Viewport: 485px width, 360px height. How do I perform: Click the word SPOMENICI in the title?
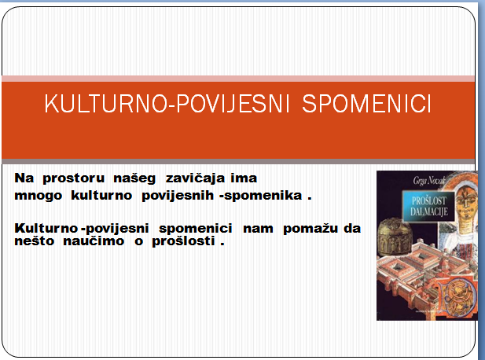pos(366,103)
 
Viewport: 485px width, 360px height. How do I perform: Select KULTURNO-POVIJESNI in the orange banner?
pos(167,104)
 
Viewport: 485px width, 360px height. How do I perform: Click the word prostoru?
pos(74,179)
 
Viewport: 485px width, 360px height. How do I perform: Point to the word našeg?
pos(134,179)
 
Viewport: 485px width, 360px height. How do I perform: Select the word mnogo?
pos(38,197)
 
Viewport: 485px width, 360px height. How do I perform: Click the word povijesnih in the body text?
pos(178,196)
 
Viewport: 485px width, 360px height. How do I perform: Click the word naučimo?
pos(94,241)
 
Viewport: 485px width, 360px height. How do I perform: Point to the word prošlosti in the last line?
pos(183,241)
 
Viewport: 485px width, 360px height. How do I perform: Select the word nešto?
pos(35,241)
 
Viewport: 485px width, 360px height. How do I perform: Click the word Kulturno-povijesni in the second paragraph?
pos(82,229)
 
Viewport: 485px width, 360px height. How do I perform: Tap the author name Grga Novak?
pos(428,180)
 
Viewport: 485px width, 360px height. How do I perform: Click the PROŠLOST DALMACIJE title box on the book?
pos(428,206)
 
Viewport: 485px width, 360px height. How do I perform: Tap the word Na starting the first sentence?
pos(24,178)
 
